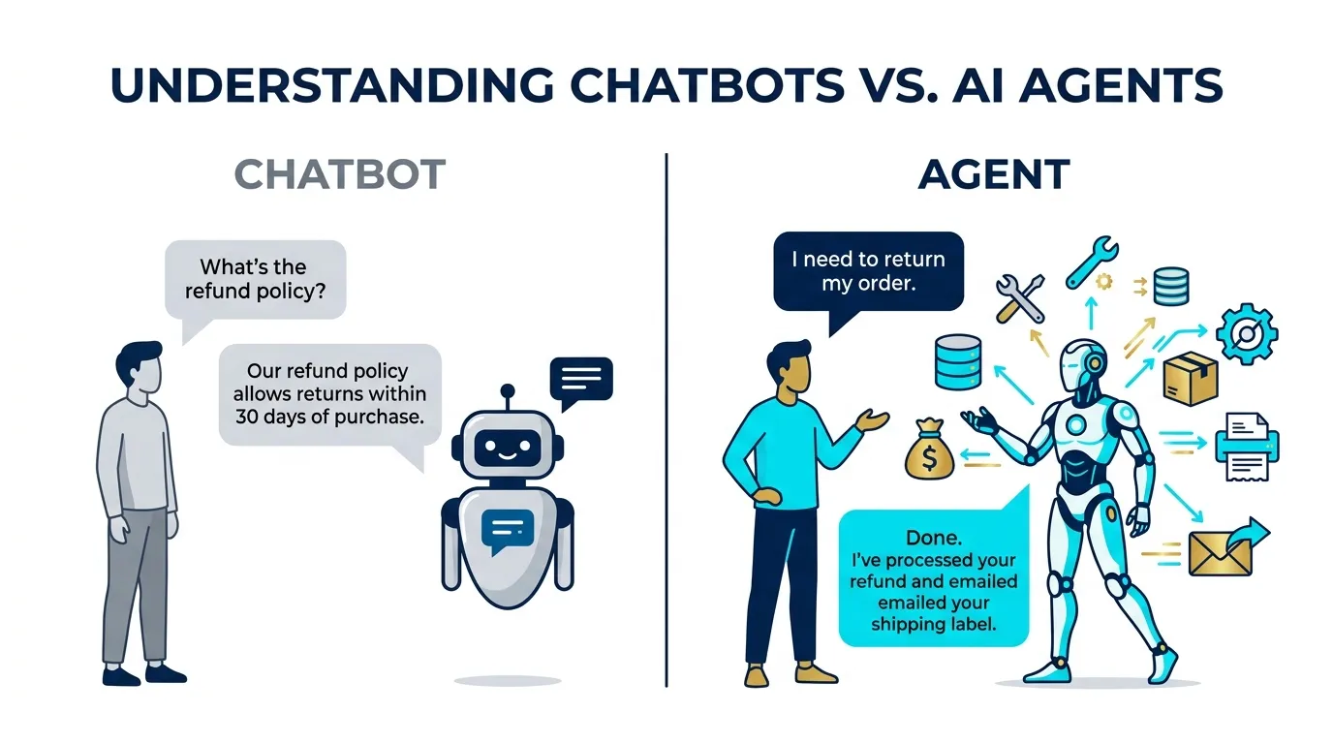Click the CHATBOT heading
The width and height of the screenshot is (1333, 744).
click(340, 175)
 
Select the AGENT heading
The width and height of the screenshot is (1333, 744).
click(994, 175)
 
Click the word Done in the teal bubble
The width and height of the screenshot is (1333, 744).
click(933, 537)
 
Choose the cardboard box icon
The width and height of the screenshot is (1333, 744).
click(1190, 379)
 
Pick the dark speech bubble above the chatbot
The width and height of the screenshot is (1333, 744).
click(580, 379)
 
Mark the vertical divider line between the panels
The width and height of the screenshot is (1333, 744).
click(666, 417)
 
